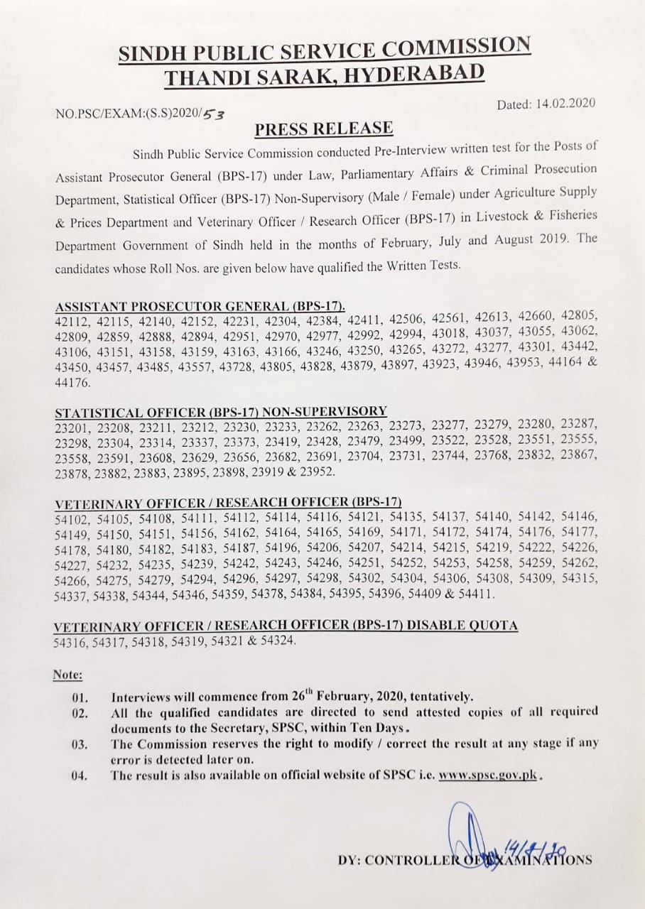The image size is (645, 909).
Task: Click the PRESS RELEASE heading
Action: click(x=323, y=129)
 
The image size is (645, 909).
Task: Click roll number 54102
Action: click(x=71, y=518)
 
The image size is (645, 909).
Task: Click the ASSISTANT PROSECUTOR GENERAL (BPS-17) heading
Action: click(x=200, y=306)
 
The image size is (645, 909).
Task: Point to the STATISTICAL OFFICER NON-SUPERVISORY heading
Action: click(x=221, y=412)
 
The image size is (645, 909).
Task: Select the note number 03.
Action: click(x=80, y=744)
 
